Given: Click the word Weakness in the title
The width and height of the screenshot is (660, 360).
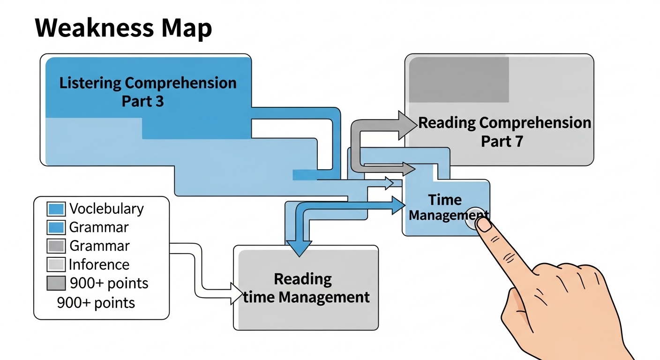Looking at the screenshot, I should (x=94, y=29).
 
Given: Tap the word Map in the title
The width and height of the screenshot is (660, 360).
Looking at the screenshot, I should (x=187, y=29).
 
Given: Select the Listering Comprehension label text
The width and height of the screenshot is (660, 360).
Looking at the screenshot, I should (x=148, y=83).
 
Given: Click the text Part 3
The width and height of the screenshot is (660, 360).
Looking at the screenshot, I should (x=143, y=101).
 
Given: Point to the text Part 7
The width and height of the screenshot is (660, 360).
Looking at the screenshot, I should (x=502, y=141).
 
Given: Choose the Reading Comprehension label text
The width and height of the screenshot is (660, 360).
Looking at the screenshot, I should (x=504, y=123).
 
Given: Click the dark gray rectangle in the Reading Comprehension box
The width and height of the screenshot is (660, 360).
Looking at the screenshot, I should (x=459, y=79).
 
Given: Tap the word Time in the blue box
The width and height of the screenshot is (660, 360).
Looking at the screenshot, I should (x=445, y=200).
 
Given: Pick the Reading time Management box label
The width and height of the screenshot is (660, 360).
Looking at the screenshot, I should (x=306, y=288).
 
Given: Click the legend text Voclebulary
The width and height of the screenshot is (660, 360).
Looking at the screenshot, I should (x=106, y=209).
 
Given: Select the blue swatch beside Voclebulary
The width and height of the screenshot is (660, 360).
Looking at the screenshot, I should (x=57, y=209).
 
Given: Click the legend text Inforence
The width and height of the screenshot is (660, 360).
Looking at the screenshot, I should (x=99, y=265).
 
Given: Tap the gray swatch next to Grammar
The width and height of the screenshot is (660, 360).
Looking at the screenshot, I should (x=57, y=246).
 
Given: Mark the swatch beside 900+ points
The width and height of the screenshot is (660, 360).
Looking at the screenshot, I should (x=57, y=284).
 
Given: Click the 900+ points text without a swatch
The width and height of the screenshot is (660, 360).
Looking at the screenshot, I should (x=96, y=303).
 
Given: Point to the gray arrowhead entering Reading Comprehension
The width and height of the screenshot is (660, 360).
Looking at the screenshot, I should (x=407, y=125).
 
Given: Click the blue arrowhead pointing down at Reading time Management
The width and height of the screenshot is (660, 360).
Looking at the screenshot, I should (x=299, y=247).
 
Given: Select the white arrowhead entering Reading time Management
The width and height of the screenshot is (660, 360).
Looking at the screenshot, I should (x=237, y=293).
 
